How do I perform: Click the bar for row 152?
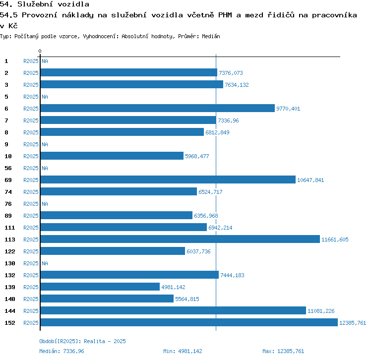pos(188,323)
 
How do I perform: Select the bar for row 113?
pos(180,240)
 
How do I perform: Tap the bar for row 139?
pos(100,287)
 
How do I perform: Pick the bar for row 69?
pos(168,180)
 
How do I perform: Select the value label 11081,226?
pos(321,311)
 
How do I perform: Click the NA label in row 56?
pos(45,168)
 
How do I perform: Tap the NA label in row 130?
pos(45,263)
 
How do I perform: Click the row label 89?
pos(8,216)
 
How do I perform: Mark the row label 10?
pos(8,156)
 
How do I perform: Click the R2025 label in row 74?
pos(31,192)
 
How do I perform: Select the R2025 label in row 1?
pos(31,61)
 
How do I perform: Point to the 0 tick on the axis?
pos(40,51)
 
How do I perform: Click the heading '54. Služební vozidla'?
pos(45,4)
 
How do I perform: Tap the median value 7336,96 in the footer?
pos(73,351)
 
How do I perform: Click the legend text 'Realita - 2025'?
pos(105,341)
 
